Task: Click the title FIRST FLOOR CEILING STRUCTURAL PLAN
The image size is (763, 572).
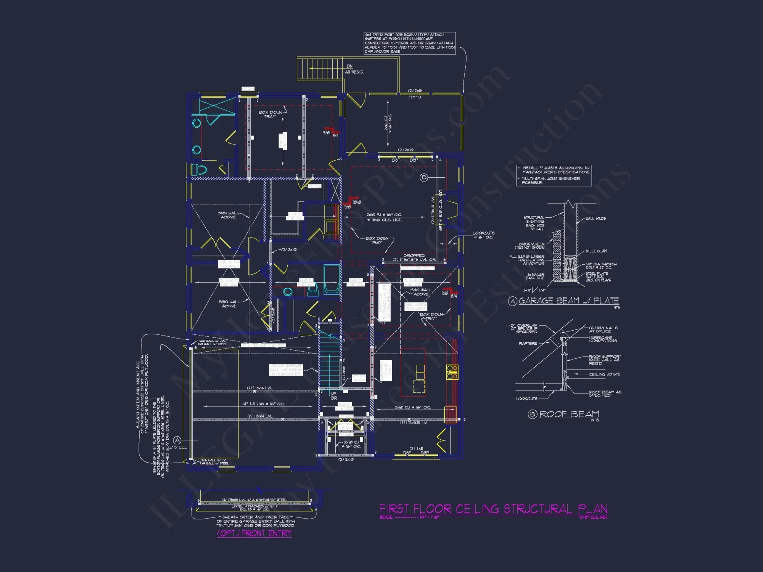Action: click(x=493, y=509)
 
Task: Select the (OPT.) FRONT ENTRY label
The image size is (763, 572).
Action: click(x=254, y=533)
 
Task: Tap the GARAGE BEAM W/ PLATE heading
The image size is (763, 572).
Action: click(x=568, y=300)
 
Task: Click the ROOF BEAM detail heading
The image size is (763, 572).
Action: click(x=569, y=414)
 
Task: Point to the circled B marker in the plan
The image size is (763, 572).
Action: click(x=423, y=177)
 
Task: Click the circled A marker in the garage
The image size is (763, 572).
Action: click(x=177, y=440)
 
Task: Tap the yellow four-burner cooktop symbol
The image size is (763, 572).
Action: click(x=452, y=372)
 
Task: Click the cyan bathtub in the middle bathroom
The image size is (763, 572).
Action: click(x=331, y=280)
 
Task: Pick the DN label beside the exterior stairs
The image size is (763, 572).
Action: click(x=349, y=66)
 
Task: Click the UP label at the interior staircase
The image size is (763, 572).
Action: click(x=333, y=394)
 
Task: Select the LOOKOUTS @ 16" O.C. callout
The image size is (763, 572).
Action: click(x=483, y=235)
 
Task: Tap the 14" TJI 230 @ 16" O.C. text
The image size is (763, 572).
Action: click(x=263, y=404)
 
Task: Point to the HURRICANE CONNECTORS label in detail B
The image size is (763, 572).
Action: click(x=603, y=339)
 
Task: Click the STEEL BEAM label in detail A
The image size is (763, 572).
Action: click(x=596, y=251)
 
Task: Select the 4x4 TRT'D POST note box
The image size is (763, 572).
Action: click(x=409, y=43)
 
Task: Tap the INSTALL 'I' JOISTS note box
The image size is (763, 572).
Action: click(x=554, y=175)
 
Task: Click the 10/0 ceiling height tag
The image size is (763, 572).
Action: click(x=357, y=202)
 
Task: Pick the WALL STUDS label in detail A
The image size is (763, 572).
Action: click(x=596, y=219)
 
